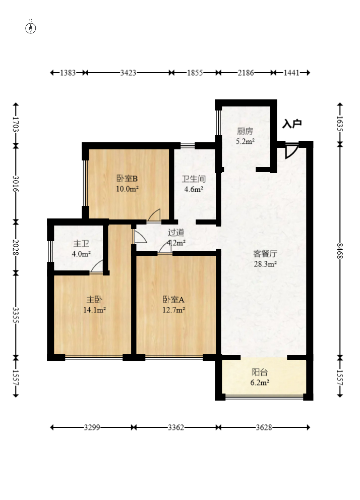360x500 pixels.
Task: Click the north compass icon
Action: tap(31, 27)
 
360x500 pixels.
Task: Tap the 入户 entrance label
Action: tap(292, 124)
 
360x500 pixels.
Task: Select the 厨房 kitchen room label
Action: tap(245, 131)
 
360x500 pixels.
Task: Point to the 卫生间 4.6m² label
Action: tap(194, 184)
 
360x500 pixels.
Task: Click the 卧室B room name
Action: tap(127, 178)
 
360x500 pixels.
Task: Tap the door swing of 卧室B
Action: tap(154, 215)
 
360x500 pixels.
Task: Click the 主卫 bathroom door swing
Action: tap(97, 267)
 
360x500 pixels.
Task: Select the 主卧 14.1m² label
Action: tap(94, 305)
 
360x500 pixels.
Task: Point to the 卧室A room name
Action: tap(173, 299)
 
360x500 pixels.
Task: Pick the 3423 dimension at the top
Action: tap(128, 73)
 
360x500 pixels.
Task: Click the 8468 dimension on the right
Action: tap(340, 251)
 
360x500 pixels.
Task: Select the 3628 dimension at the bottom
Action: tap(264, 427)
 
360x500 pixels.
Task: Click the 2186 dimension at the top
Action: tap(246, 73)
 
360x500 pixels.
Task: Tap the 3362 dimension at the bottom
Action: tap(176, 427)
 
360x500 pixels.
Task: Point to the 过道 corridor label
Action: tap(176, 233)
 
